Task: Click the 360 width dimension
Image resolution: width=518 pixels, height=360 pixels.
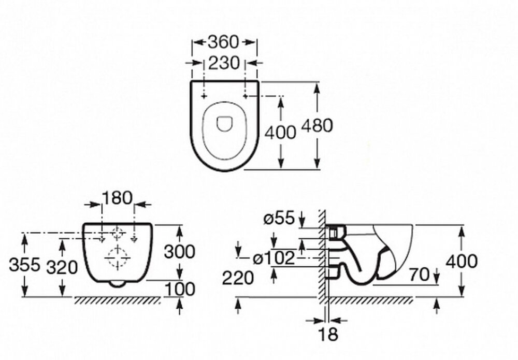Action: [223, 42]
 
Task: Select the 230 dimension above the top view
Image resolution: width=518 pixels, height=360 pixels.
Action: [224, 63]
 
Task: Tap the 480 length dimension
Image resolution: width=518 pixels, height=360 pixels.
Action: [318, 126]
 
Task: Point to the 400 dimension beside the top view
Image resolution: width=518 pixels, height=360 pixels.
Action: [280, 133]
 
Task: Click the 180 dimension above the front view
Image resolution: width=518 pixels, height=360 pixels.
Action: [117, 198]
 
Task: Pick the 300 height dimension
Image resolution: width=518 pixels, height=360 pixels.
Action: [180, 252]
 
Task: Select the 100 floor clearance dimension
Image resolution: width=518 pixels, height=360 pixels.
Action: [180, 290]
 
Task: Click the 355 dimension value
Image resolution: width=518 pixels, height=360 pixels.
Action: [24, 265]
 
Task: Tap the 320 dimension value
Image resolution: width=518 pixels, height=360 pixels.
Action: [62, 267]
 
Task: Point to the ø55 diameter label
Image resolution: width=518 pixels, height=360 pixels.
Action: [279, 218]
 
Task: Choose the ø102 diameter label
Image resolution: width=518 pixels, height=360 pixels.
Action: [274, 258]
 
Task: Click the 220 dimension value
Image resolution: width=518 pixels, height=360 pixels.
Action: [238, 278]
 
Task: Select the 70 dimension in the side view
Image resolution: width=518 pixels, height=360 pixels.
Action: [419, 274]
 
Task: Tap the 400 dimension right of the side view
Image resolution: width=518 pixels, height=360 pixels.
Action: [462, 261]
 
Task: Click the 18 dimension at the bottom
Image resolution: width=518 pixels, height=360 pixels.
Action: [328, 334]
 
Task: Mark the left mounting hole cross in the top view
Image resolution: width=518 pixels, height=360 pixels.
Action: [204, 96]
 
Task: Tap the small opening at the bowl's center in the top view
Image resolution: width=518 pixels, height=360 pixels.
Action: [224, 124]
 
